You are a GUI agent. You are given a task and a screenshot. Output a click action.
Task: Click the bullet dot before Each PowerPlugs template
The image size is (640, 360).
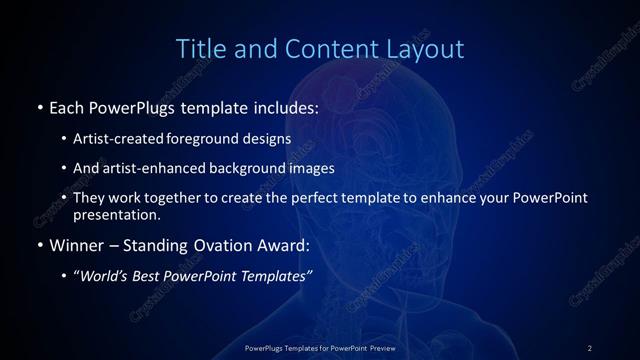coord(39,107)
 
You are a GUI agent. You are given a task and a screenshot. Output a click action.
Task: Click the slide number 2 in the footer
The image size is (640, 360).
coord(590,347)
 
